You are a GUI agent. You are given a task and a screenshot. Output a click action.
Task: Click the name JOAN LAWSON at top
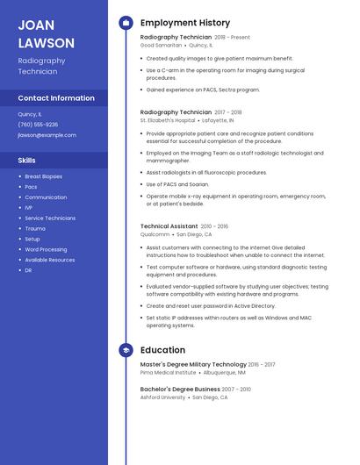point(46,33)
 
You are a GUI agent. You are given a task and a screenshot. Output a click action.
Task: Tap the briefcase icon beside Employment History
point(126,23)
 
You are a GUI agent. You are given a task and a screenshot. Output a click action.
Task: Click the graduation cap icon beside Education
point(126,349)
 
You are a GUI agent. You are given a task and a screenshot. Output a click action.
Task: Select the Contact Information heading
point(56,98)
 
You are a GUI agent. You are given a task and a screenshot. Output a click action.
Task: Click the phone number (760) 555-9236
point(38,125)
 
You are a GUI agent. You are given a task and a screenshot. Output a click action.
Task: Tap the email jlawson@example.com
point(47,135)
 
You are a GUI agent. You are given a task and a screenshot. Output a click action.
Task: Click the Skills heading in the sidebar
point(26,161)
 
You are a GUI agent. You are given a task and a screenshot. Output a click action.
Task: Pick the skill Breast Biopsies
point(44,176)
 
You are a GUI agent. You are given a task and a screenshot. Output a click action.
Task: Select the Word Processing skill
point(46,249)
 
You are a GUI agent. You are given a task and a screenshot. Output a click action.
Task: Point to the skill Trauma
point(34,228)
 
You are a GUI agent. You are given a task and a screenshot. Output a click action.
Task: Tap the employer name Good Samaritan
point(161,45)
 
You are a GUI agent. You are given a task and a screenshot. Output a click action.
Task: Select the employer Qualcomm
point(155,234)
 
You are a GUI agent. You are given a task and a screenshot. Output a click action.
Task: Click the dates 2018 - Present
point(232,38)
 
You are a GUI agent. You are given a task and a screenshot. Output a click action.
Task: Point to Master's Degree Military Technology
point(193,364)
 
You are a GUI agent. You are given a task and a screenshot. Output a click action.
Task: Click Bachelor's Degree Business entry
point(180,389)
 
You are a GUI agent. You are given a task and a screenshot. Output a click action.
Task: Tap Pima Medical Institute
point(168,372)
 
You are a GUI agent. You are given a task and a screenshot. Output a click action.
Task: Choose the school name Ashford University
point(162,397)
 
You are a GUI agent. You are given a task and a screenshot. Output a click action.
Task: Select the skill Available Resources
point(50,260)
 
